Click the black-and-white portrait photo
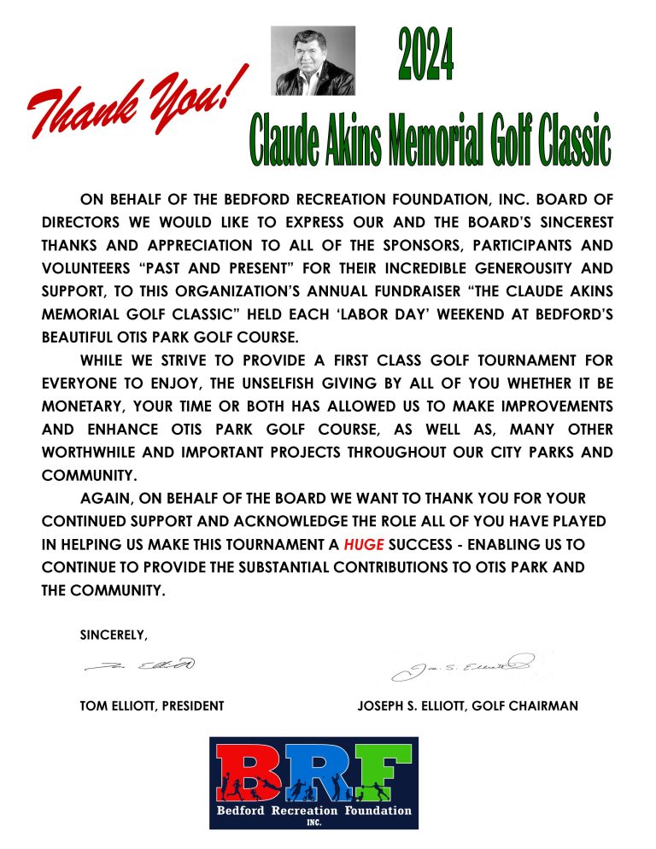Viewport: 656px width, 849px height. (x=313, y=60)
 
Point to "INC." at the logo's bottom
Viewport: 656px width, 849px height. (x=313, y=823)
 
